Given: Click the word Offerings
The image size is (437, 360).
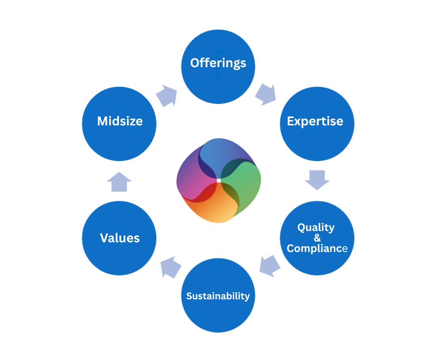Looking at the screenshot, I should (218, 63).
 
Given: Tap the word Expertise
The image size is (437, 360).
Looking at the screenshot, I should (315, 121).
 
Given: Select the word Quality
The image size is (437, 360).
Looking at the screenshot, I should (316, 227).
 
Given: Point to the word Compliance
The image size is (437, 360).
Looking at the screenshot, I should (317, 248).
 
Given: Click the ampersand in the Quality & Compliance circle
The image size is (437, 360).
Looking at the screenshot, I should (317, 238).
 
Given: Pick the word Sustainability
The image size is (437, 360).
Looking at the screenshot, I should (218, 296).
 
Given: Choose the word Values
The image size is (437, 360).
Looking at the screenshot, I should (120, 238).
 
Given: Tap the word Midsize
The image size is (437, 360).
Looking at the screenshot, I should (120, 121).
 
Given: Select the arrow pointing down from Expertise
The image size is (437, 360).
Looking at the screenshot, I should (317, 180).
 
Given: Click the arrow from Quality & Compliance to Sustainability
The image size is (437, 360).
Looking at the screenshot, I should (270, 266).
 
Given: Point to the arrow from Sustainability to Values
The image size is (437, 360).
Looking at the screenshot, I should (170, 267).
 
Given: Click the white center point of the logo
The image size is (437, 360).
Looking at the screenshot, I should (218, 180).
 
